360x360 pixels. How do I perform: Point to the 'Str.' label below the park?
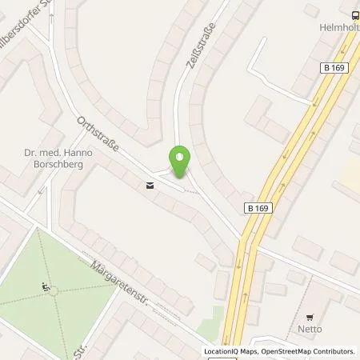coord(80,350)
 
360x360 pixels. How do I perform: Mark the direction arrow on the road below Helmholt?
coord(317,101)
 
